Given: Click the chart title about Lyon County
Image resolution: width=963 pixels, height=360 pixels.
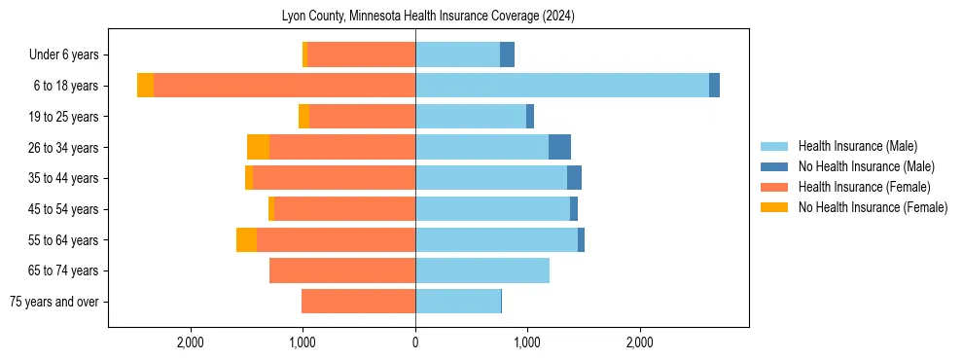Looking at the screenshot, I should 428,16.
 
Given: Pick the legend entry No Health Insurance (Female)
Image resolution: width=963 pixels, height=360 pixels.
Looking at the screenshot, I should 873,207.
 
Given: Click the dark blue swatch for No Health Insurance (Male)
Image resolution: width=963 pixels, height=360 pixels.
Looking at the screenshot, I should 774,166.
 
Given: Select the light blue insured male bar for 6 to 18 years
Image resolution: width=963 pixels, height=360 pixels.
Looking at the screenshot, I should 562,86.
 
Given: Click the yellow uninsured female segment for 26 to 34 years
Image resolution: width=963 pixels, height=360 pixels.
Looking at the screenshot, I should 258,147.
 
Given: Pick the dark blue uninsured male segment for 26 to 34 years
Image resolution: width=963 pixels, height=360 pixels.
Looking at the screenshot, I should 559,147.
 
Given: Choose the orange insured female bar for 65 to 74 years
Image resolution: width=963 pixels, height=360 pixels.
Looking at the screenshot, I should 342,270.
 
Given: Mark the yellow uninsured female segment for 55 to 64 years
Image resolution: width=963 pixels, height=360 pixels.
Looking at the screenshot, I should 246,239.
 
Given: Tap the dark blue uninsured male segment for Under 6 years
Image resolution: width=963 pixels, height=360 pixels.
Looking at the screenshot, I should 507,54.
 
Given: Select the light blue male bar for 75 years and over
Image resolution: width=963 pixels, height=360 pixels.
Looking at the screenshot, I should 457,302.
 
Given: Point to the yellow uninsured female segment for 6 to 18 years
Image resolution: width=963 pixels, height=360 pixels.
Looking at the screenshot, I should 145,86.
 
